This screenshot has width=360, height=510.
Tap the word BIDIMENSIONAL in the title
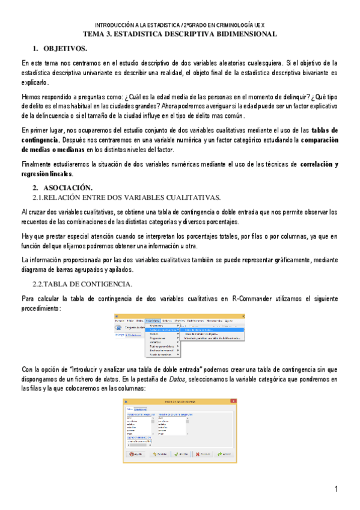click(x=240, y=34)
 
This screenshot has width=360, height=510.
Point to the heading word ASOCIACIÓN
click(x=67, y=188)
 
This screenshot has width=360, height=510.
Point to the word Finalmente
click(x=40, y=164)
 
